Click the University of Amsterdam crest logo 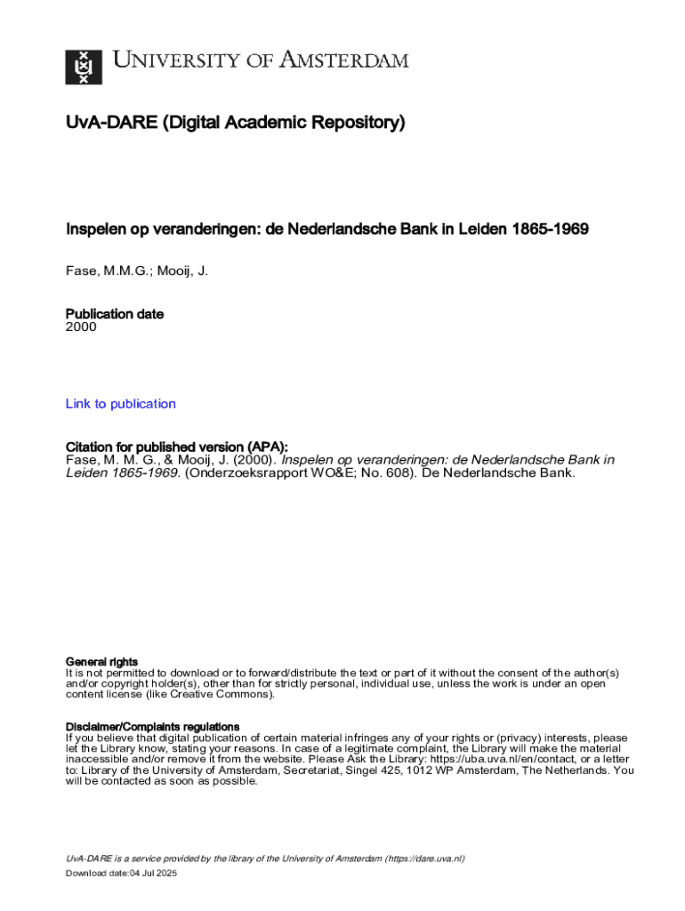pyautogui.click(x=84, y=67)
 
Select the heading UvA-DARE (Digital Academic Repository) pyautogui.click(x=235, y=123)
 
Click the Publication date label pyautogui.click(x=115, y=314)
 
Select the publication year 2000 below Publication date pyautogui.click(x=81, y=327)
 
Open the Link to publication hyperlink pyautogui.click(x=121, y=404)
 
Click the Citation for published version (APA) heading pyautogui.click(x=177, y=447)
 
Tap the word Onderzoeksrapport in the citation pyautogui.click(x=246, y=473)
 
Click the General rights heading pyautogui.click(x=102, y=662)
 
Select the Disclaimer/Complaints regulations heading pyautogui.click(x=153, y=727)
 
